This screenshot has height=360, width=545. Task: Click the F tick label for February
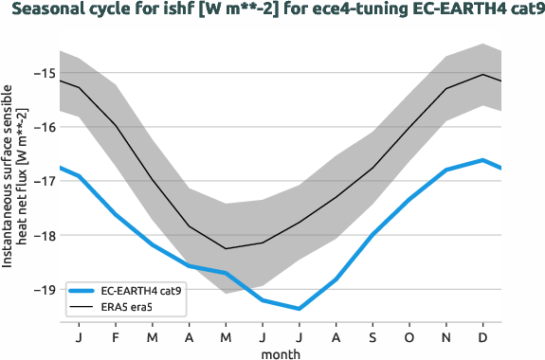[116, 336]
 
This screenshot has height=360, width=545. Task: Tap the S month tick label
[372, 336]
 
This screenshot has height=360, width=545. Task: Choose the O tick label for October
[409, 336]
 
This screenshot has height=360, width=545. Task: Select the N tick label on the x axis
[446, 336]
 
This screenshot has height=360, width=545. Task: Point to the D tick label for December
[483, 336]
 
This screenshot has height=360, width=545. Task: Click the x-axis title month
[281, 352]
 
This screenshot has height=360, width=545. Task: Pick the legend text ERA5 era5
[128, 308]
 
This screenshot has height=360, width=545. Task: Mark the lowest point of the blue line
[299, 309]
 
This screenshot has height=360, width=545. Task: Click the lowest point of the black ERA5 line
[226, 248]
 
